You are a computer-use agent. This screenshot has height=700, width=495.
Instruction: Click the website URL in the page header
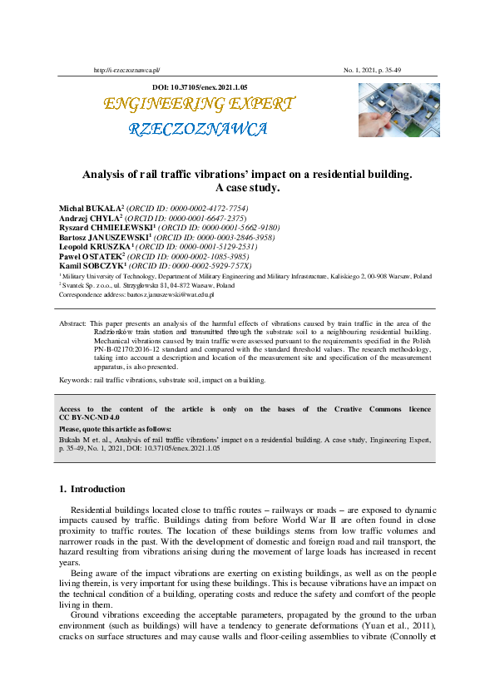(x=127, y=71)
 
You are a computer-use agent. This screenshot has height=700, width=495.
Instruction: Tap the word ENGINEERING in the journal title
(x=154, y=104)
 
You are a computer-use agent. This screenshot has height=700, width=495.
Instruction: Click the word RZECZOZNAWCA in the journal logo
(x=198, y=129)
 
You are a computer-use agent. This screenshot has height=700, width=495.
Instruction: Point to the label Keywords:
(x=76, y=380)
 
